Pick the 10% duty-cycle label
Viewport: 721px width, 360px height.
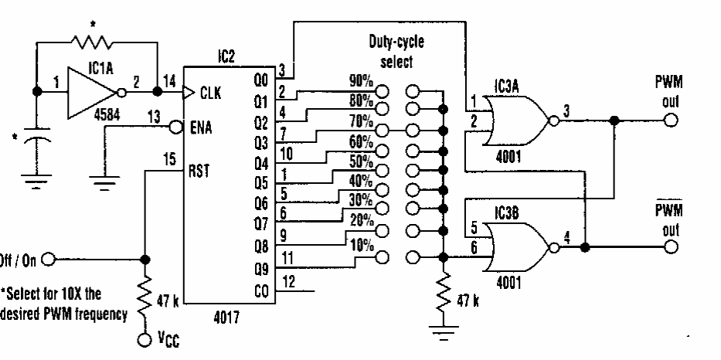360,246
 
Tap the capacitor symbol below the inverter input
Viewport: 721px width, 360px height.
36,147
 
